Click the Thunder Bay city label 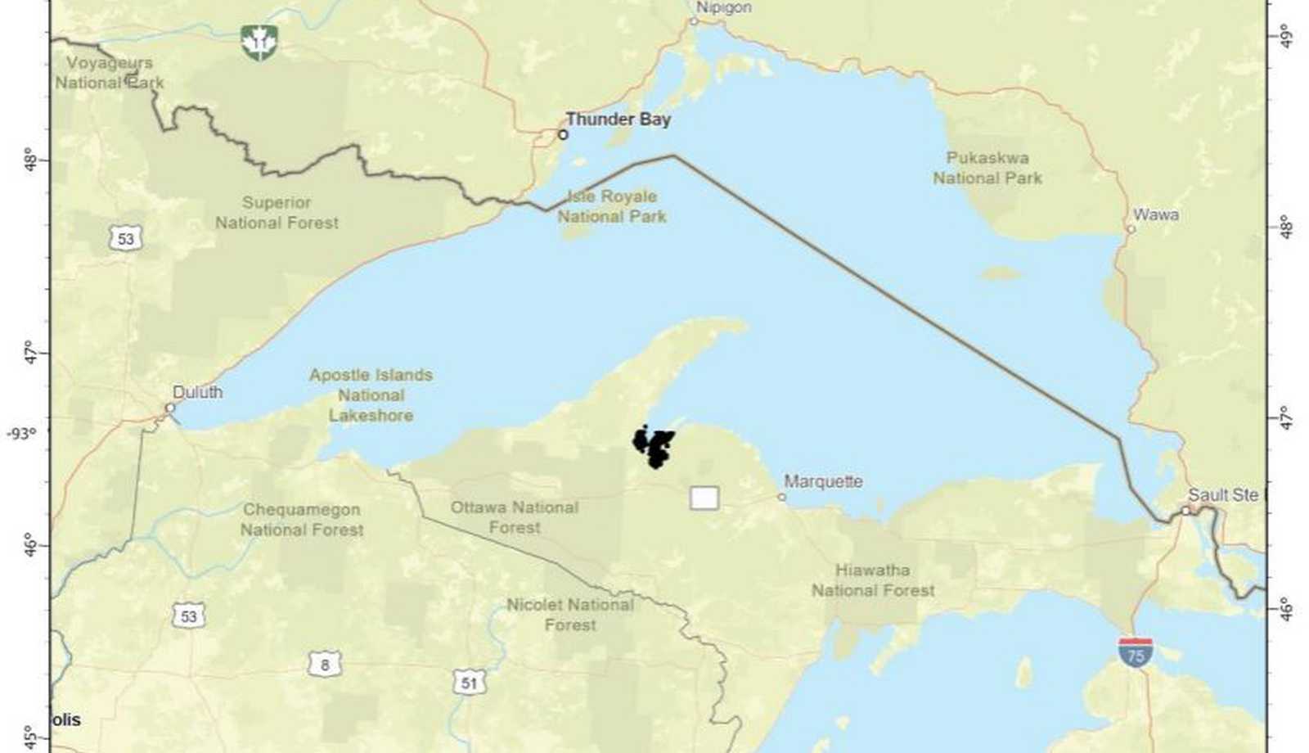pyautogui.click(x=618, y=119)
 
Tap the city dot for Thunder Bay pyautogui.click(x=563, y=134)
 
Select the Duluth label pyautogui.click(x=197, y=392)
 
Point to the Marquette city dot pyautogui.click(x=781, y=497)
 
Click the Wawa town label pyautogui.click(x=1155, y=214)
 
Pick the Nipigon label pyautogui.click(x=723, y=7)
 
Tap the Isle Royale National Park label pyautogui.click(x=612, y=206)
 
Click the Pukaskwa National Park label pyautogui.click(x=987, y=168)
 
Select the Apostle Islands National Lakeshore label pyautogui.click(x=371, y=395)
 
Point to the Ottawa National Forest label pyautogui.click(x=515, y=517)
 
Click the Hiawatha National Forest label pyautogui.click(x=872, y=579)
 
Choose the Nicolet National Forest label pyautogui.click(x=569, y=615)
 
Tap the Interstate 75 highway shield pyautogui.click(x=1136, y=653)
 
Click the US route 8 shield pyautogui.click(x=324, y=664)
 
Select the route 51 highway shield pyautogui.click(x=469, y=682)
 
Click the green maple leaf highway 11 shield pyautogui.click(x=259, y=42)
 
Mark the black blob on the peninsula pyautogui.click(x=654, y=447)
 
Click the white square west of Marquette pyautogui.click(x=704, y=498)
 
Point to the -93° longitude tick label pyautogui.click(x=22, y=432)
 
